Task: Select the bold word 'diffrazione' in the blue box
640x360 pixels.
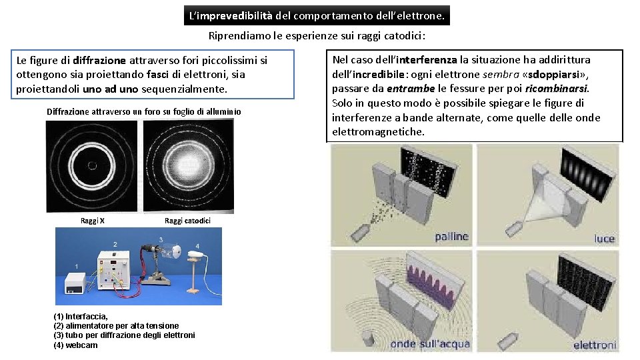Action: tap(99, 61)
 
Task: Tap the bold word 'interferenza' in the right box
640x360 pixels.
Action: tap(427, 60)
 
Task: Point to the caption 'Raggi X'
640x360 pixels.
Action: tap(92, 221)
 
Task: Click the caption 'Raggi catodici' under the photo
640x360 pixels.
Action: tap(187, 221)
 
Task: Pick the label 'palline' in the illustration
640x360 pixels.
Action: tap(451, 236)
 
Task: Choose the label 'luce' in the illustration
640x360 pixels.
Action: tap(605, 239)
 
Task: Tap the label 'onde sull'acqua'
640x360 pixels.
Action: tap(430, 344)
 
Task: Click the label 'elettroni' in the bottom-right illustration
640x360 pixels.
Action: tap(595, 345)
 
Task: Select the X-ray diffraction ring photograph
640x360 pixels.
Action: tap(92, 166)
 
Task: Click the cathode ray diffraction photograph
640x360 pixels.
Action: tap(189, 166)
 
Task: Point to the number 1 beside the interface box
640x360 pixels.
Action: tap(76, 267)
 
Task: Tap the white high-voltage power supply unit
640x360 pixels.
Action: tap(113, 270)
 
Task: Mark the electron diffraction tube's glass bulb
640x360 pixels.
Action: tap(171, 251)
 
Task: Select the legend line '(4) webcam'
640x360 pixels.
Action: tap(75, 345)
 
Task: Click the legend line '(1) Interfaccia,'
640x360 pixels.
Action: tap(81, 316)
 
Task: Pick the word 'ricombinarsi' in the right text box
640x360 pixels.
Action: tap(556, 89)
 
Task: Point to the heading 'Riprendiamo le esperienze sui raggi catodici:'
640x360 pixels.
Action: tap(317, 36)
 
